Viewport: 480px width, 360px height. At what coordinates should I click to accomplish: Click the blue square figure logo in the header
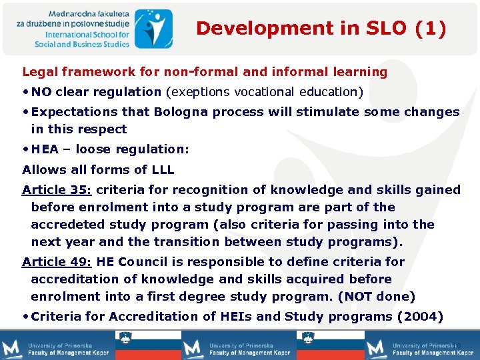(x=153, y=28)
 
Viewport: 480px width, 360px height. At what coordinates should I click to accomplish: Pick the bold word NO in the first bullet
(x=41, y=92)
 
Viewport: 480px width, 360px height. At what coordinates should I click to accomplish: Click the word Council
(x=146, y=262)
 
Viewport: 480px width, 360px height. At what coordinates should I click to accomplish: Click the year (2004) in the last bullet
(x=420, y=317)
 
